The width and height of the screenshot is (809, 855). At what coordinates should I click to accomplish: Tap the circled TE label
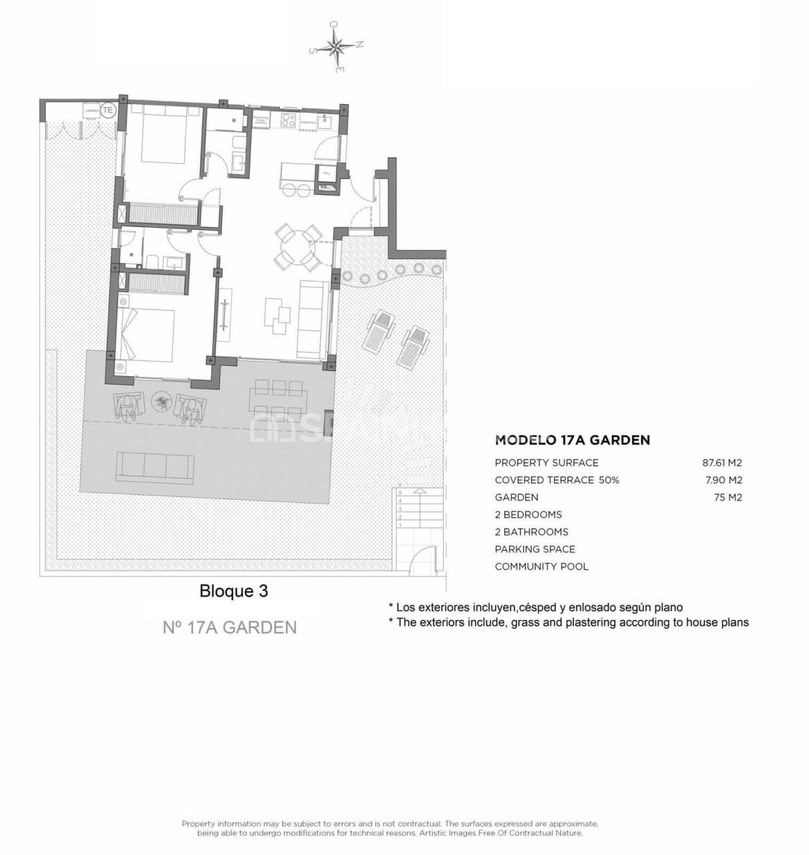[x=108, y=110]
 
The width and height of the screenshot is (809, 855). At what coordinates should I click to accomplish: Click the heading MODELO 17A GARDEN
[x=572, y=440]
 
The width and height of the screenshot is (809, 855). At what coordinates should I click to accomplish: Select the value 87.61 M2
[x=721, y=463]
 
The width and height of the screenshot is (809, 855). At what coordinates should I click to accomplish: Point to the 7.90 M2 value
[x=723, y=480]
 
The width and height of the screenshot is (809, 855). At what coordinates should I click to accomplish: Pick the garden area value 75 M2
[x=727, y=498]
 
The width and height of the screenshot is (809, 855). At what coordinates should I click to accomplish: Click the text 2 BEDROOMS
[x=528, y=515]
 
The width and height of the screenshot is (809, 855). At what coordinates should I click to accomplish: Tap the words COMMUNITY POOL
[x=541, y=567]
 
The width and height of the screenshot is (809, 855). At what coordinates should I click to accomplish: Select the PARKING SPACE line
[x=534, y=550]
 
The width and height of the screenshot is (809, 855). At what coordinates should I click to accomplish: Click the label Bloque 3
[x=234, y=591]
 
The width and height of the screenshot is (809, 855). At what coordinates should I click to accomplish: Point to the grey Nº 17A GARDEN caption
[x=230, y=628]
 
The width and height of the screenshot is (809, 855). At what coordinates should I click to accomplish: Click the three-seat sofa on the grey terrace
[x=155, y=466]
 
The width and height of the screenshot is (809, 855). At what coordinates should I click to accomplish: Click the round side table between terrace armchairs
[x=160, y=401]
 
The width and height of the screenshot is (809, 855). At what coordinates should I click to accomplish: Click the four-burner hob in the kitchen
[x=289, y=121]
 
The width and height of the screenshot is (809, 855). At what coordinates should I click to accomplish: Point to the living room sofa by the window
[x=313, y=318]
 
